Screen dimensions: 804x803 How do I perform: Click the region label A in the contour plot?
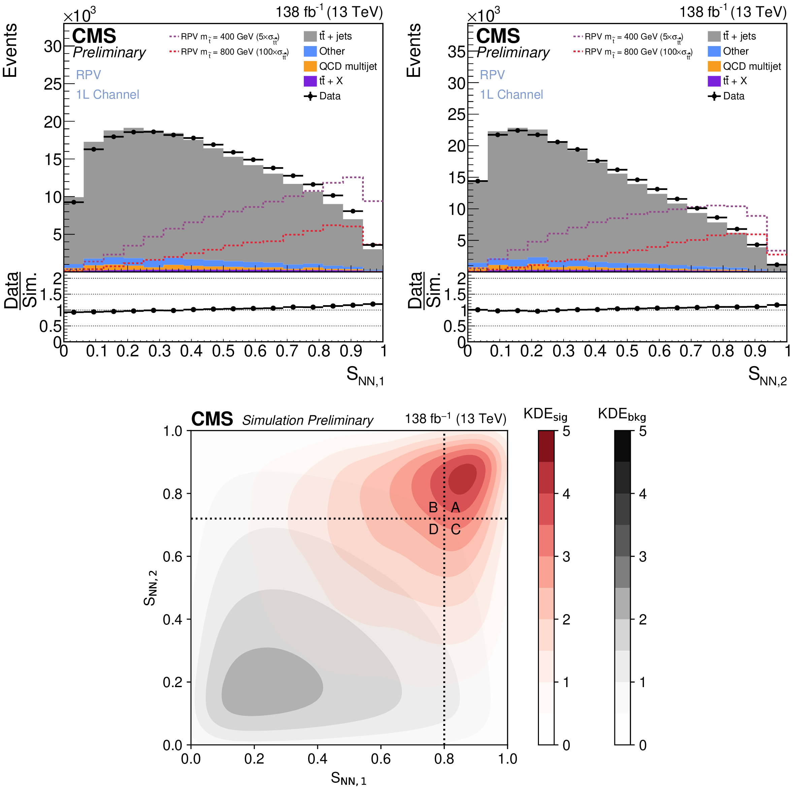click(x=456, y=507)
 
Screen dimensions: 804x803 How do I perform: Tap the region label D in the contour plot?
click(x=433, y=530)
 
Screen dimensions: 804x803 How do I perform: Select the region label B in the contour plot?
click(x=433, y=507)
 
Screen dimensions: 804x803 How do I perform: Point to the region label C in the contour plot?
click(x=456, y=530)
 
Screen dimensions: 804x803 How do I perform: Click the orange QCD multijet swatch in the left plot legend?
click(x=310, y=66)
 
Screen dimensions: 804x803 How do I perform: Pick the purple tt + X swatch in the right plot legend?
click(x=714, y=81)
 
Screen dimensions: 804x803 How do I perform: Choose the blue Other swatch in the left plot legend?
click(x=310, y=51)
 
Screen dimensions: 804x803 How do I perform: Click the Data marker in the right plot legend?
click(x=714, y=96)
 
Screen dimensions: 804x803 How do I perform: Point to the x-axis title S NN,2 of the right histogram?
click(x=767, y=375)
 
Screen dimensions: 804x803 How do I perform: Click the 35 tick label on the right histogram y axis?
click(x=456, y=52)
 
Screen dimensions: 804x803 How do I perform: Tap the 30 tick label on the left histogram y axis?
click(x=53, y=46)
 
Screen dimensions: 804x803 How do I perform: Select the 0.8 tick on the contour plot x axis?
click(x=444, y=759)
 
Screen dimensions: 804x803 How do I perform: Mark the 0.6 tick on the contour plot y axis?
click(x=173, y=557)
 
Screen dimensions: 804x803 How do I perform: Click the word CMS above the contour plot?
click(x=212, y=419)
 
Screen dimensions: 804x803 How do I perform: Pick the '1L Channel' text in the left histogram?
click(x=107, y=94)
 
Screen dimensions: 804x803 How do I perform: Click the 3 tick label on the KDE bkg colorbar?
click(x=643, y=557)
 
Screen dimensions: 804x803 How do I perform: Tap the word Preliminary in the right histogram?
click(x=513, y=53)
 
